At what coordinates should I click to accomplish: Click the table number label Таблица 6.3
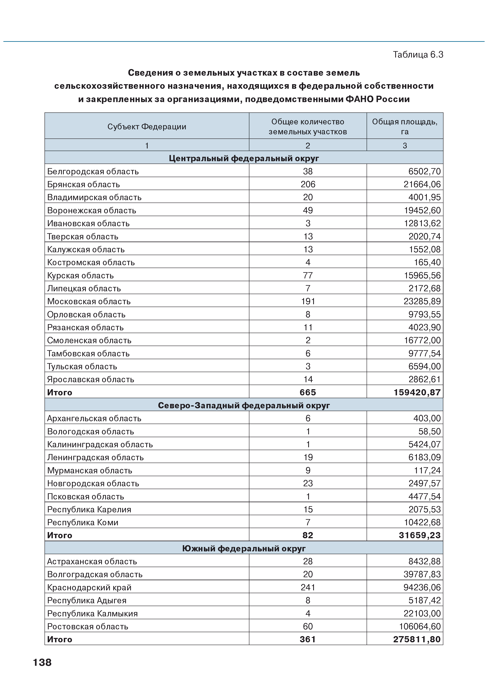tap(418, 55)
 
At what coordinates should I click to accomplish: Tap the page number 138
tap(42, 662)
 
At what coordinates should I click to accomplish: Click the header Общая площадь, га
tap(405, 127)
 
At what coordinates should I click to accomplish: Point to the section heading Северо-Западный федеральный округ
tap(244, 406)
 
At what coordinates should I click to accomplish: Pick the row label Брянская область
tap(83, 184)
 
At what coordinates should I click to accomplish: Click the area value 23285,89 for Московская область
tap(422, 302)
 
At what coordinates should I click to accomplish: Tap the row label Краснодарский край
tap(89, 588)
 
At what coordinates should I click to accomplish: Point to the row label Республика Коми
tap(83, 523)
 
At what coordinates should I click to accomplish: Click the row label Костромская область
tap(91, 263)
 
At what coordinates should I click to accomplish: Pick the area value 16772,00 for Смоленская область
tap(422, 340)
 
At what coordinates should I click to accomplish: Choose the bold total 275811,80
tap(417, 640)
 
